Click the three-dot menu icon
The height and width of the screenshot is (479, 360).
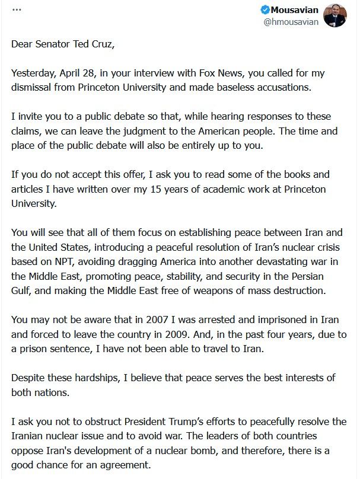pyautogui.click(x=17, y=10)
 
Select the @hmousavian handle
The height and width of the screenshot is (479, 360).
pyautogui.click(x=291, y=22)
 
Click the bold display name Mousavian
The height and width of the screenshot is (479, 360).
pyautogui.click(x=295, y=9)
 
